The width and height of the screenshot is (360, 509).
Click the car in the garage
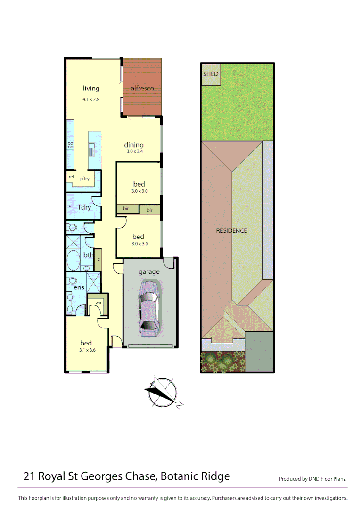point(149,306)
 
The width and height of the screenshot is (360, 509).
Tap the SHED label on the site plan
point(211,74)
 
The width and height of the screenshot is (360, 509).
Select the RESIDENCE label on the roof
point(231,231)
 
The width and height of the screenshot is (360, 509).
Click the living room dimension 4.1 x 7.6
point(91,100)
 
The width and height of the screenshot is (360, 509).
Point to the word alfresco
point(142,88)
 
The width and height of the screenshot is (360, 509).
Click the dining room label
point(134,145)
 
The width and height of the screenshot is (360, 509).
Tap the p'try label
point(85,179)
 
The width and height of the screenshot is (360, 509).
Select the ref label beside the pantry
point(72,177)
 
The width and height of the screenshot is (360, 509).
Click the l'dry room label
point(84,207)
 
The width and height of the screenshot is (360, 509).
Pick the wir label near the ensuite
point(98,302)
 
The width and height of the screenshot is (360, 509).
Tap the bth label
point(89,255)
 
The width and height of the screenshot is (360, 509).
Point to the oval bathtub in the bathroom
point(74,260)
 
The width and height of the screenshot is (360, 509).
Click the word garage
point(149,271)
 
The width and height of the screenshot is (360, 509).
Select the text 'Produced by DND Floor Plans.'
point(312,479)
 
